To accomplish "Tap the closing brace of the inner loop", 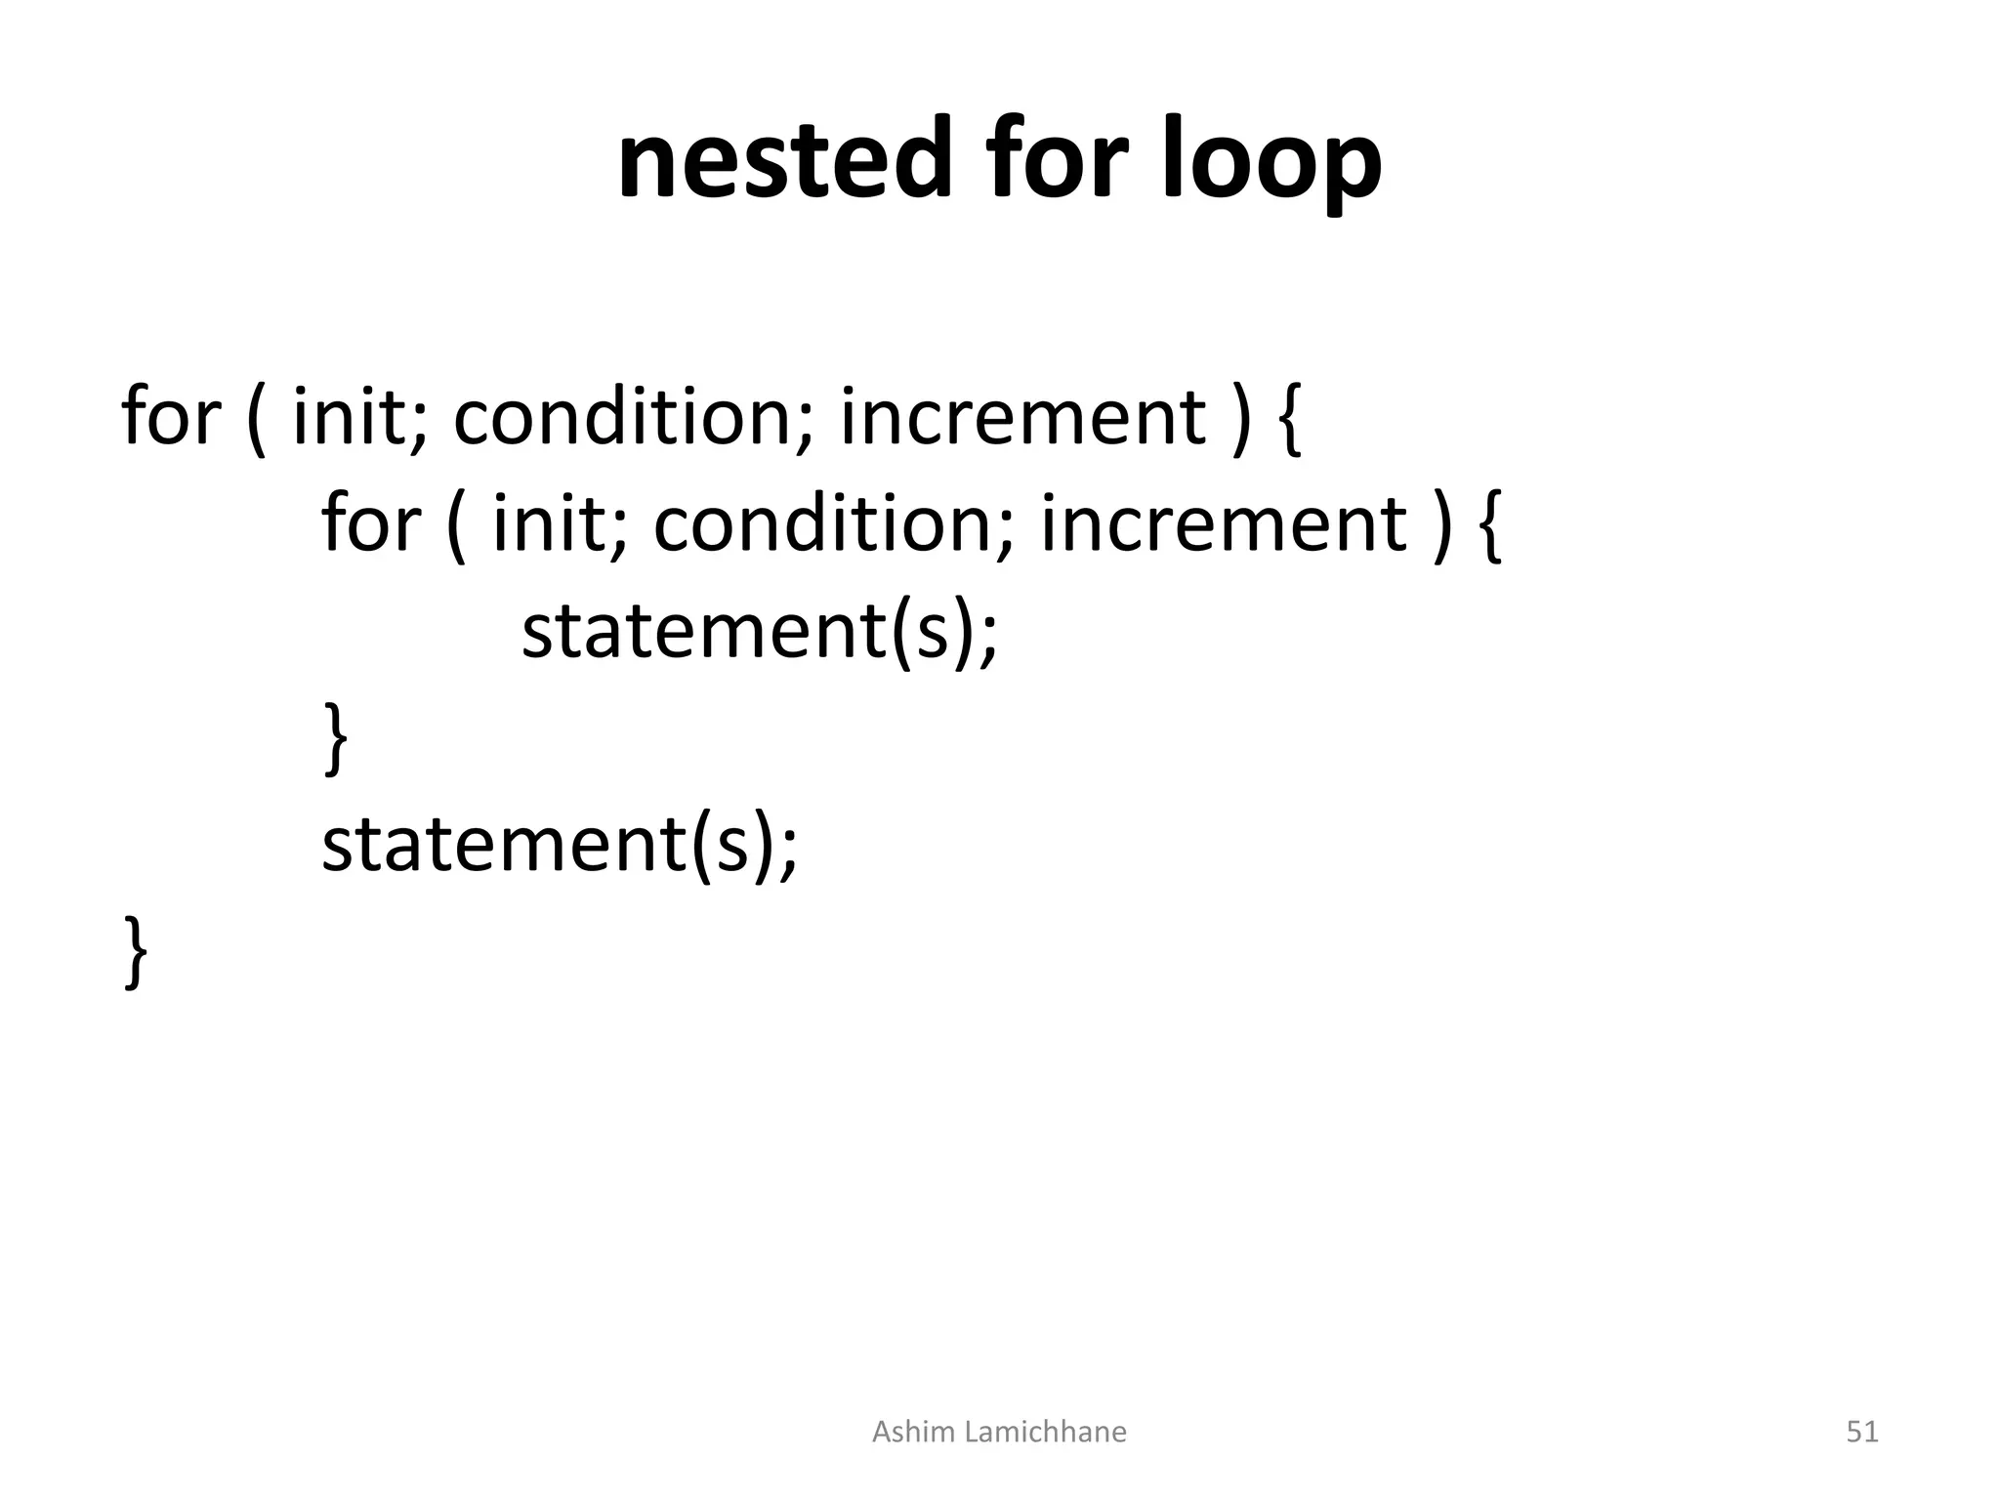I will [335, 740].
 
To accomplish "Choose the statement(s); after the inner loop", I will [560, 846].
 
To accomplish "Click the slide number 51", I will [1861, 1432].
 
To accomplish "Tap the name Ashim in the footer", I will [912, 1432].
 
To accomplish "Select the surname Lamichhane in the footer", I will [1044, 1432].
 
